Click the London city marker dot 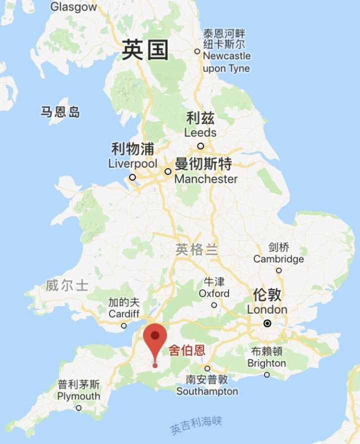[267, 323]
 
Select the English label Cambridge [278, 259]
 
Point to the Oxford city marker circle [214, 305]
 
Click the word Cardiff [124, 314]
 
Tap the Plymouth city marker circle [78, 407]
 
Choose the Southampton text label [207, 391]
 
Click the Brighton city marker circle [266, 374]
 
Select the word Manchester [206, 179]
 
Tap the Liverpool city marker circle [132, 177]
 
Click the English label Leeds [200, 133]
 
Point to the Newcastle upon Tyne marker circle [197, 51]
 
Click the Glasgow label [73, 7]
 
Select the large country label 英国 [145, 51]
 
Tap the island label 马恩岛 [60, 112]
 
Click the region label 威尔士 [67, 286]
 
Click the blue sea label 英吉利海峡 [196, 425]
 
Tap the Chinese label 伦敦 [267, 294]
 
